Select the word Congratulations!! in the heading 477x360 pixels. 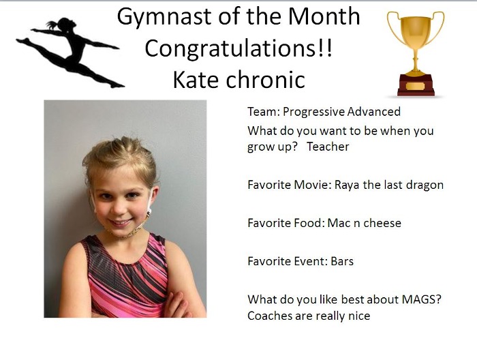point(238,48)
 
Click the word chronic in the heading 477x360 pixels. point(268,80)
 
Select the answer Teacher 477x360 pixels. point(328,147)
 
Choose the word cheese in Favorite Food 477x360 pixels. point(381,223)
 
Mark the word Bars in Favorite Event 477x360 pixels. point(342,261)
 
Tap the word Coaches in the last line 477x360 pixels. point(268,316)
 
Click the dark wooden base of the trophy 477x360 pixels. point(416,87)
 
